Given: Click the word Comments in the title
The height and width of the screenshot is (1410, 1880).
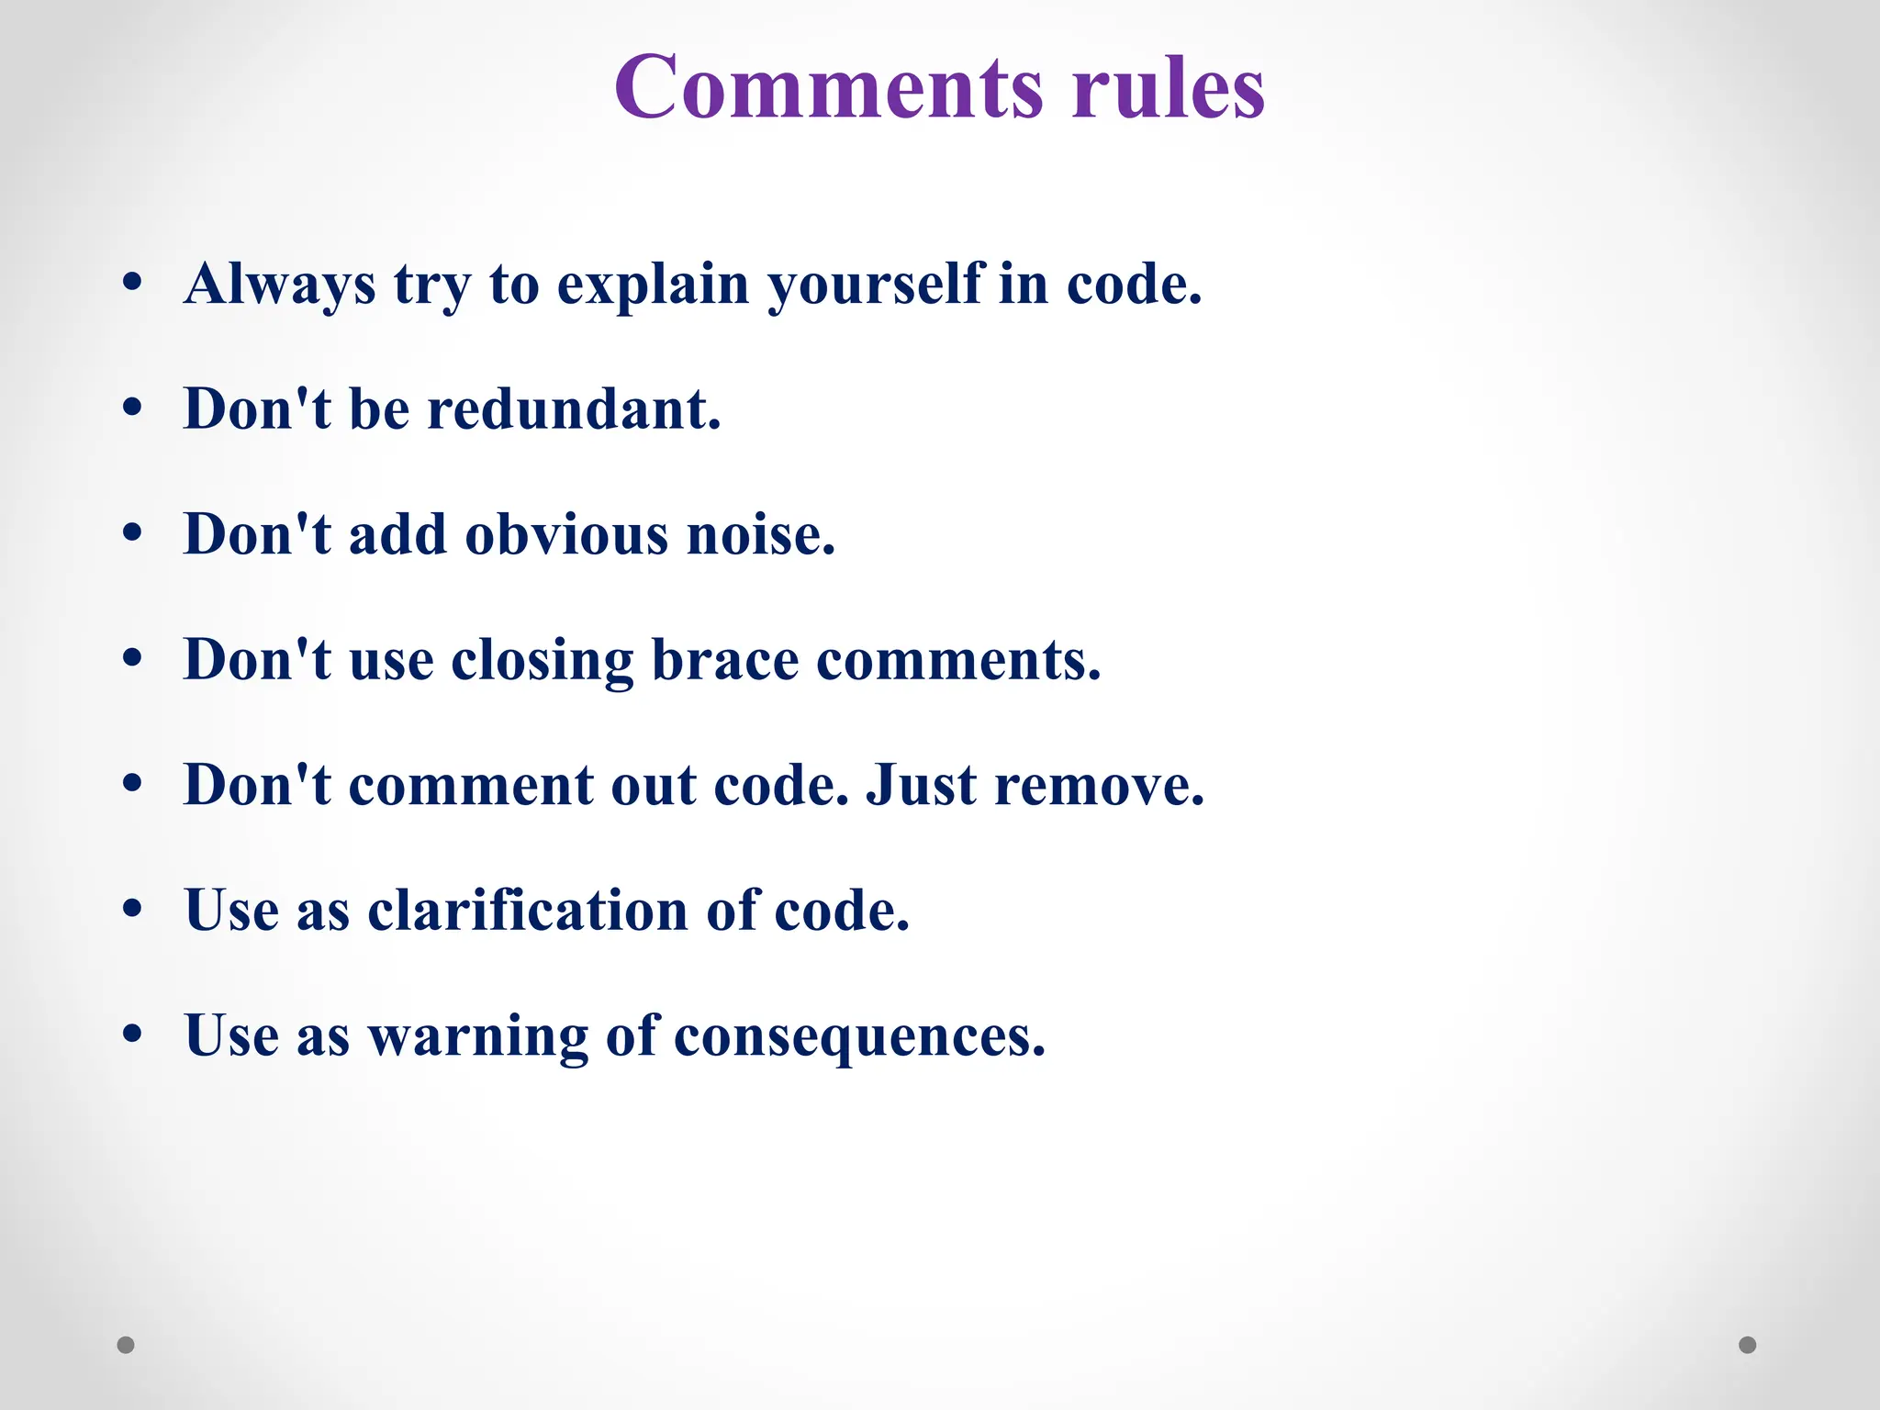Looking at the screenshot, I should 829,88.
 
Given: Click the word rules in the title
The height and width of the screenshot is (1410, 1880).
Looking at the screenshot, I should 1168,88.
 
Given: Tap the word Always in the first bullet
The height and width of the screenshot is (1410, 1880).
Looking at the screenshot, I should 280,285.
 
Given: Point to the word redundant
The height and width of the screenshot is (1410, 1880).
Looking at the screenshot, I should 574,409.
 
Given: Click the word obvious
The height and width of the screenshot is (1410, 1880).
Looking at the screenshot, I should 566,535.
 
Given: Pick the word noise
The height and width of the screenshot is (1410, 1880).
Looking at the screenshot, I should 761,535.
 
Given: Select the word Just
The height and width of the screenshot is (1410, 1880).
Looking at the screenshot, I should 921,786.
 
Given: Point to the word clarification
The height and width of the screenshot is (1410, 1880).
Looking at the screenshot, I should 528,911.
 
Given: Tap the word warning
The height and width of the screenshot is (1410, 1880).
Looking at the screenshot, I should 477,1036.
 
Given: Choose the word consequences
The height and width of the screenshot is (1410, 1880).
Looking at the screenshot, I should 859,1036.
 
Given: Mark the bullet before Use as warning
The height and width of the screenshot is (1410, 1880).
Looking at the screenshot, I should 132,1034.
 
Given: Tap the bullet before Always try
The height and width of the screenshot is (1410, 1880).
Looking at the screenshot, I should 132,282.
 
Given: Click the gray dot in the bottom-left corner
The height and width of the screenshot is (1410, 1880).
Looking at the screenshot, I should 126,1345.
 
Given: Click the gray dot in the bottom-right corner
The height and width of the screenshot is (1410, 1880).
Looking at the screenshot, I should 1748,1345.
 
